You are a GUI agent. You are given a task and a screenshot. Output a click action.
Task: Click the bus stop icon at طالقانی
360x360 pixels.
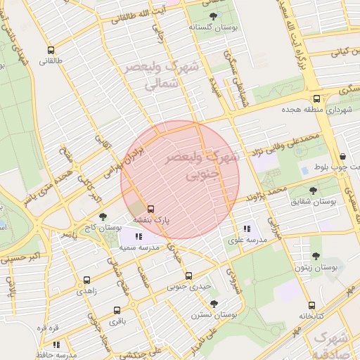pyautogui.click(x=50, y=50)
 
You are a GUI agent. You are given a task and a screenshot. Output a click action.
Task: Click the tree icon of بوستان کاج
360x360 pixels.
pyautogui.click(x=103, y=217)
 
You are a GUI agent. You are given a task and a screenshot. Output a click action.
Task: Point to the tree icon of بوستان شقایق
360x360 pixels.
pyautogui.click(x=313, y=190)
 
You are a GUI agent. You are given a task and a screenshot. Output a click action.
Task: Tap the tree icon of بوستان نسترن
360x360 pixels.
pyautogui.click(x=214, y=304)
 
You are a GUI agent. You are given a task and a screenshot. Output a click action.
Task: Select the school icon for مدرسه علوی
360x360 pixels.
pyautogui.click(x=246, y=229)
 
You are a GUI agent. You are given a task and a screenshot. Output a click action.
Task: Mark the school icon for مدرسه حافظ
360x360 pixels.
pyautogui.click(x=56, y=345)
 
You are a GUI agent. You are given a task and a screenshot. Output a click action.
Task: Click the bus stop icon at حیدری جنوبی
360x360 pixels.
pyautogui.click(x=188, y=276)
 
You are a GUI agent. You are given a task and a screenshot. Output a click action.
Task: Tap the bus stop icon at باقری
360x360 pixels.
pyautogui.click(x=117, y=310)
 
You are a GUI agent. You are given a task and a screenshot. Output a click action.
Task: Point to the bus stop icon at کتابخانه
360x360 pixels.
pyautogui.click(x=311, y=305)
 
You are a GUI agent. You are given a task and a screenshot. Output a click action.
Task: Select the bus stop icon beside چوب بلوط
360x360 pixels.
pyautogui.click(x=342, y=156)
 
